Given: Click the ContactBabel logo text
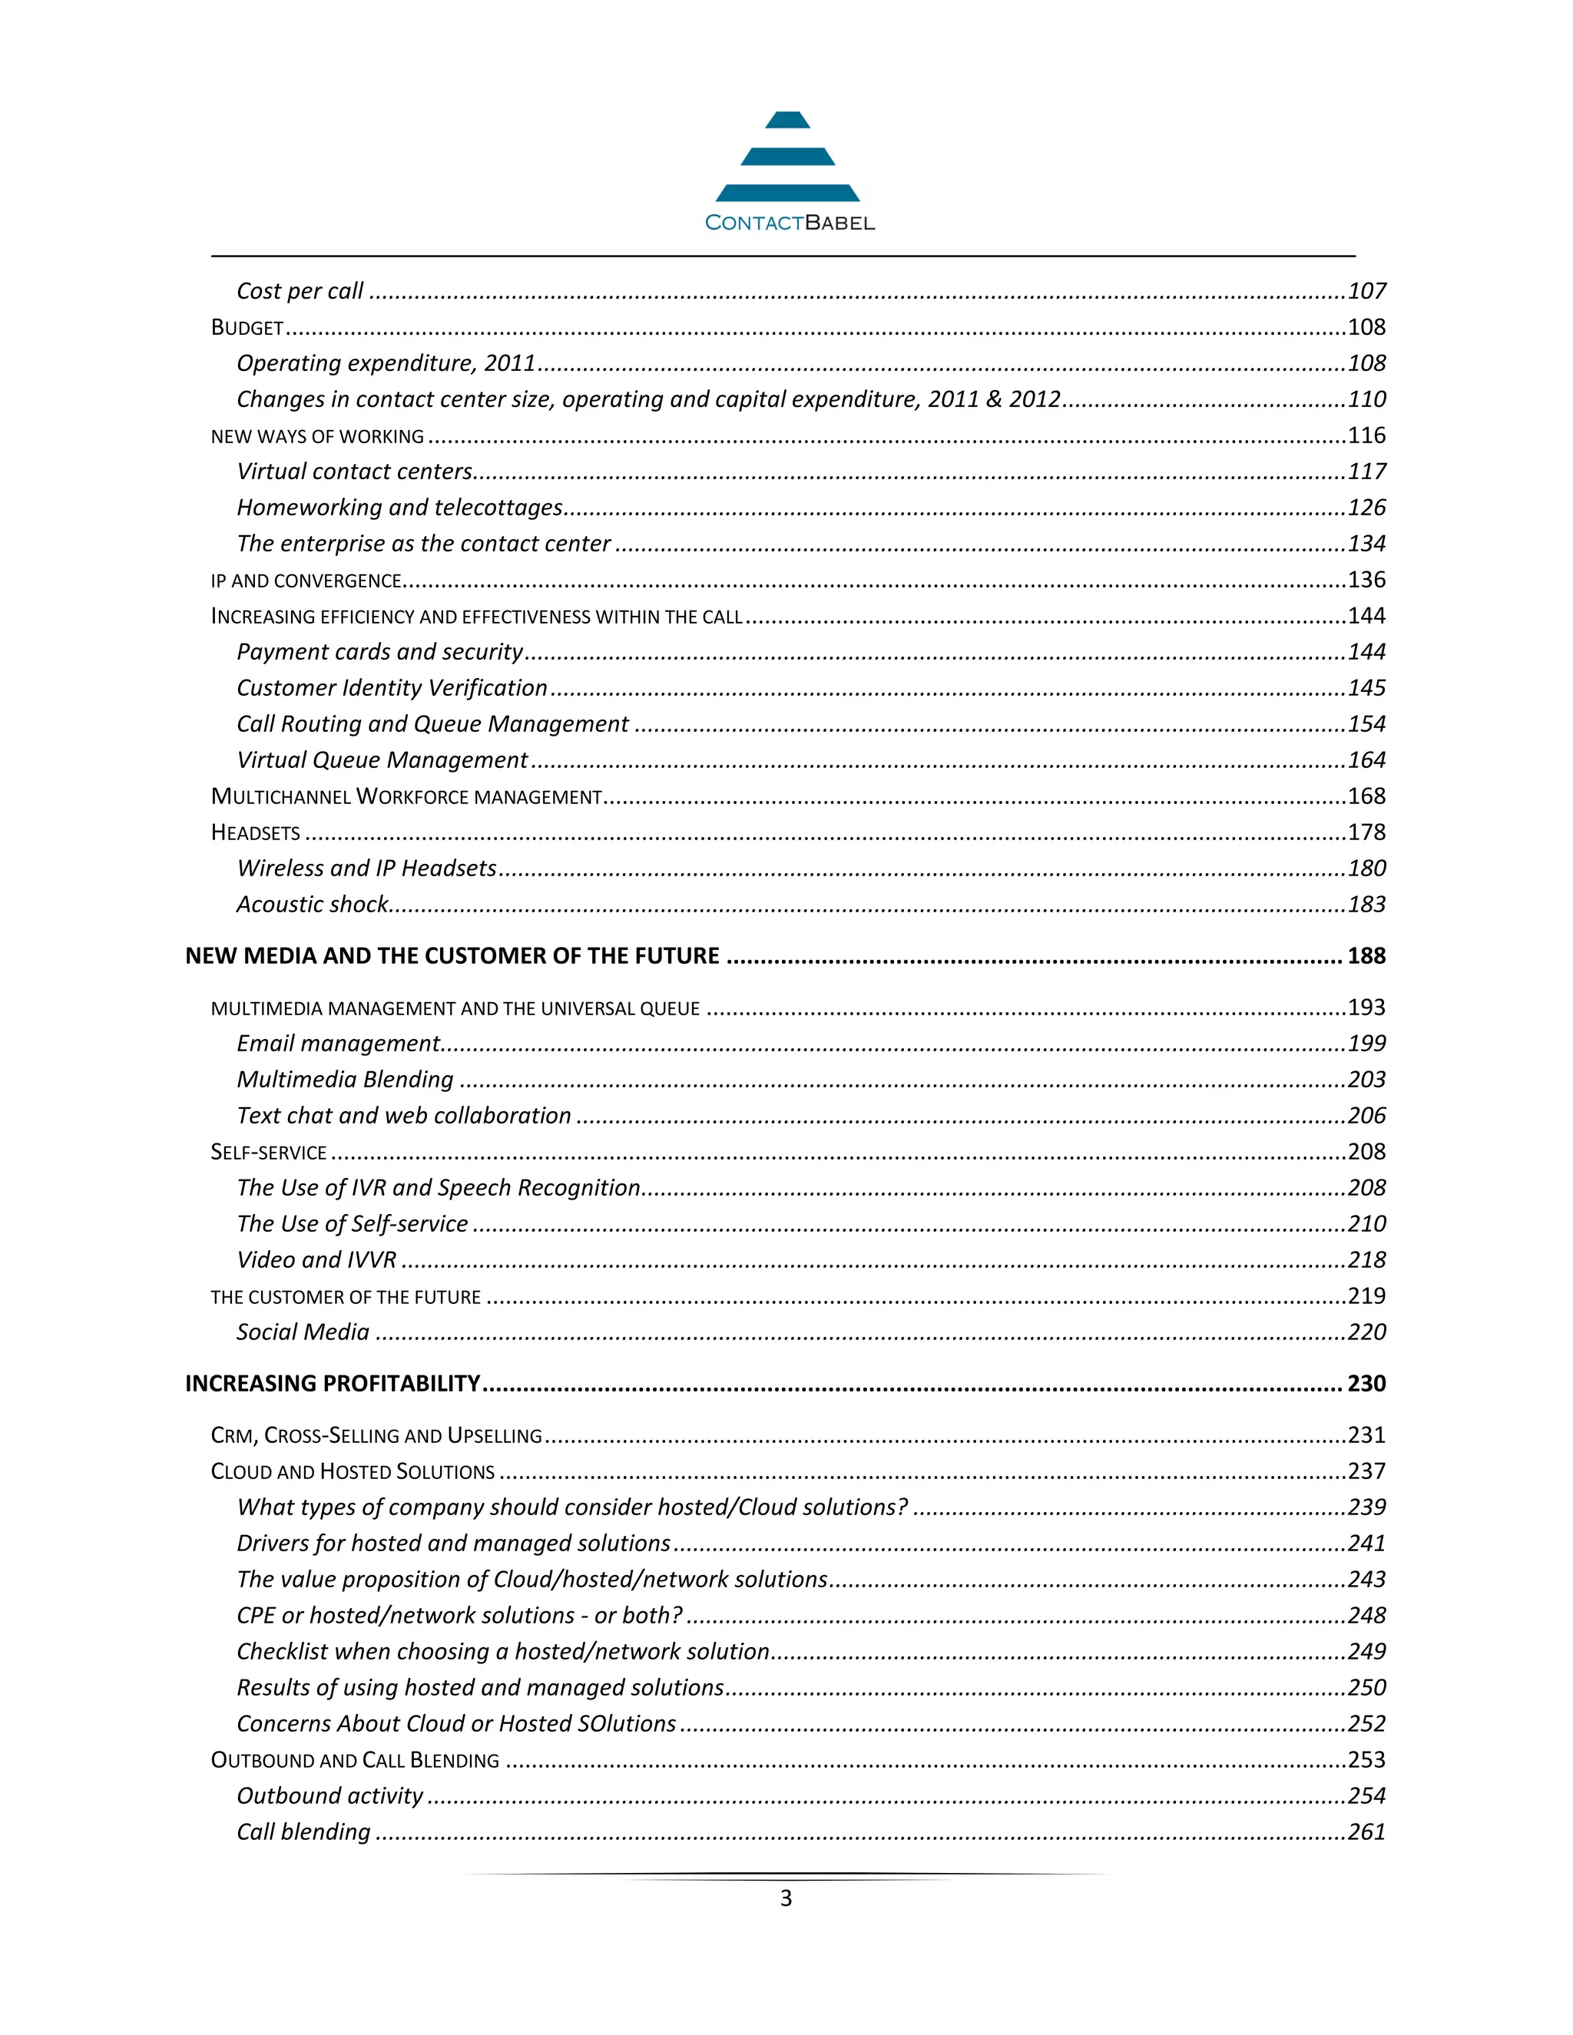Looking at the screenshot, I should click(x=790, y=223).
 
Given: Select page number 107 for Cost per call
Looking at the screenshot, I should click(x=1366, y=292).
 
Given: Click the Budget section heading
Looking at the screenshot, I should click(x=247, y=328).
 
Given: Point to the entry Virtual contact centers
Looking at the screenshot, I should click(x=354, y=472).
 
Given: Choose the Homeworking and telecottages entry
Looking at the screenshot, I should click(x=399, y=508).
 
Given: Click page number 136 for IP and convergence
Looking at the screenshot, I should click(x=1366, y=581).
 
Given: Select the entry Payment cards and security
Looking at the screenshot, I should click(x=379, y=652).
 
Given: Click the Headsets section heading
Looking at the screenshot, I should click(x=255, y=833).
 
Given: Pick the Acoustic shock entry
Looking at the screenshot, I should click(x=312, y=905).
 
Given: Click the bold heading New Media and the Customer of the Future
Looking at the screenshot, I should click(x=452, y=957).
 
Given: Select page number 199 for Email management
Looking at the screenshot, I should click(x=1366, y=1044).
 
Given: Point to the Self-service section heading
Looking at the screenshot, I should click(x=268, y=1153).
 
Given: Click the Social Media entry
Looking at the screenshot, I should click(x=303, y=1332).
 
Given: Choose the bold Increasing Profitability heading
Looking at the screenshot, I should click(x=333, y=1384).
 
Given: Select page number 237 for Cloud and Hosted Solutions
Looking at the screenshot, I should click(x=1366, y=1471).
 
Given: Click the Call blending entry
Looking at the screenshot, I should click(x=303, y=1832).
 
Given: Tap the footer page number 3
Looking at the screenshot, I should click(x=786, y=1898).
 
